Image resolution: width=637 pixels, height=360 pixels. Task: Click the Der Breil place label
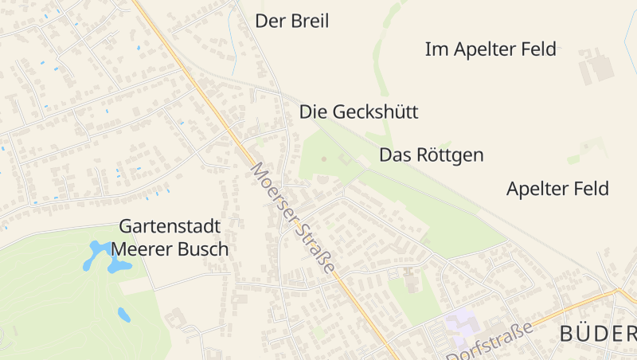point(291,21)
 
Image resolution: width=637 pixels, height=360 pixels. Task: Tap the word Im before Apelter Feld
point(437,49)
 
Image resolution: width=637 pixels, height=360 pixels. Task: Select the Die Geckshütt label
point(358,112)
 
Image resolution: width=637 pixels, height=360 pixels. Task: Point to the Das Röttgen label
point(431,155)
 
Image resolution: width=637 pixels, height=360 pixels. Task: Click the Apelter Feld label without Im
point(557,189)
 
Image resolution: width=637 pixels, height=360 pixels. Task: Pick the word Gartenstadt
point(170,226)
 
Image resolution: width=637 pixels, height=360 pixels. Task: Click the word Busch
point(205,249)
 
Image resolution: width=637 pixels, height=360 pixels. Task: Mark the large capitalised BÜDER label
point(597,335)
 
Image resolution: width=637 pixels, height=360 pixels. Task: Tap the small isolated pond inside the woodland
point(124,315)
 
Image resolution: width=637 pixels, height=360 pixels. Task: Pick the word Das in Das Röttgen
point(393,155)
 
